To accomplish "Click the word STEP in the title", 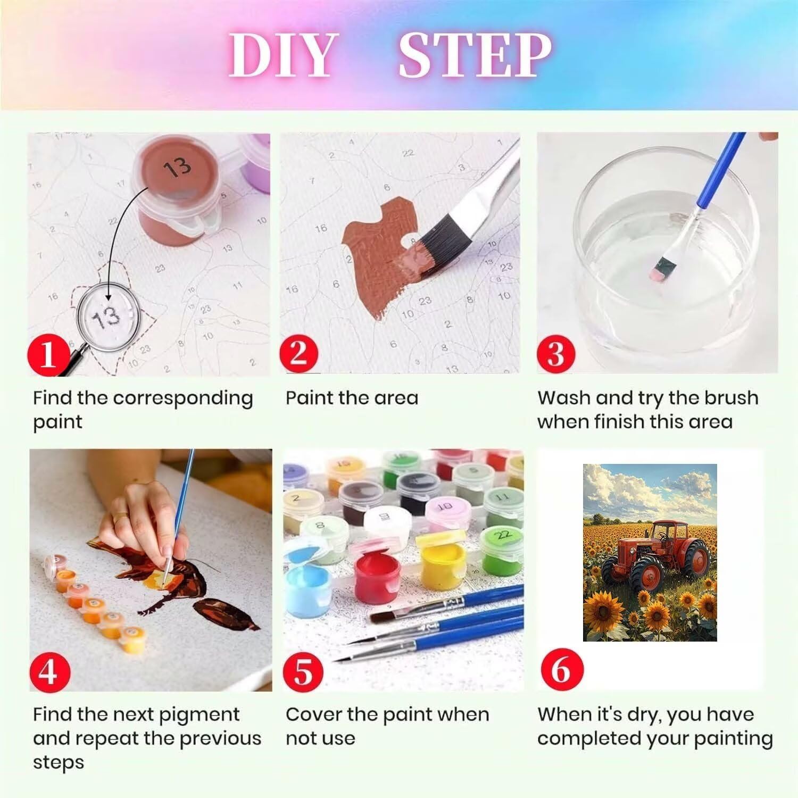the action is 475,55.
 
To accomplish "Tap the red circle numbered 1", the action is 48,353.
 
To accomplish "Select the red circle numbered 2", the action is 298,353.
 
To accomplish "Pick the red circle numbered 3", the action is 555,353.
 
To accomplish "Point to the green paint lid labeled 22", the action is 503,534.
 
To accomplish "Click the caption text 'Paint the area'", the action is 352,398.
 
